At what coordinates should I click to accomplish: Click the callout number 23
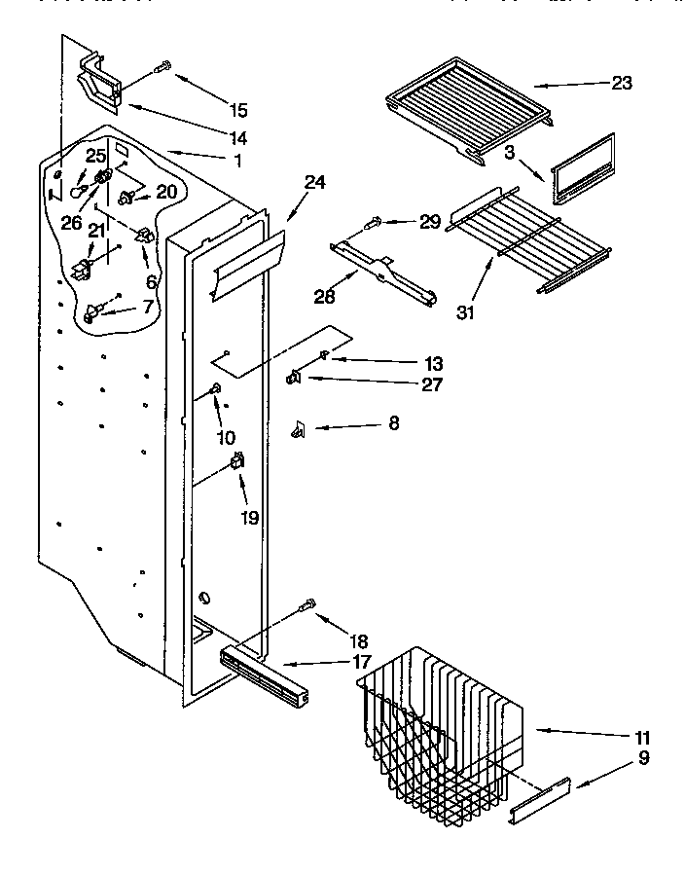point(622,84)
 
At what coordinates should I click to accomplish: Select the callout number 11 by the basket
point(642,737)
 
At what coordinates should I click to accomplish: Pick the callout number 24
point(314,181)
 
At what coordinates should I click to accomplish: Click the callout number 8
point(393,423)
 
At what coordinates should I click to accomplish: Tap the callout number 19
point(249,518)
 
